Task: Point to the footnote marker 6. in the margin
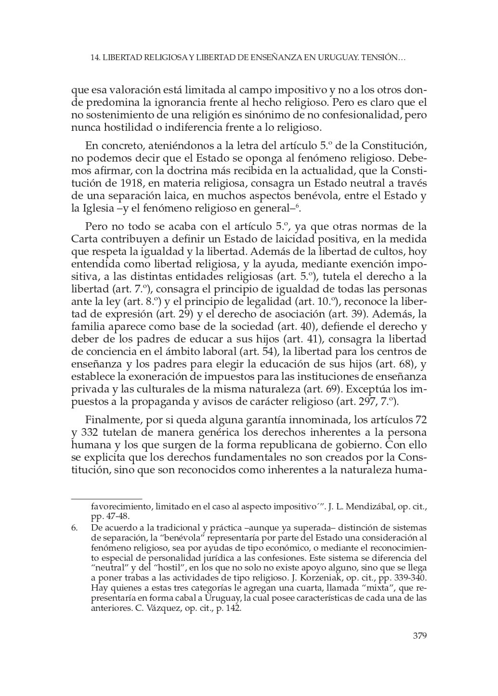pyautogui.click(x=75, y=528)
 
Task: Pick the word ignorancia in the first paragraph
pyautogui.click(x=206, y=102)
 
